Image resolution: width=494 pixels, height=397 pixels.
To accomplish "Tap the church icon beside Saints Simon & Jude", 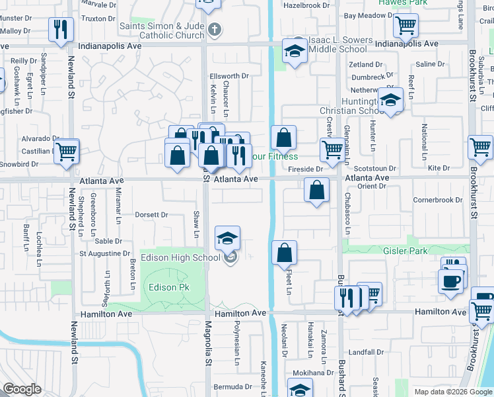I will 213,30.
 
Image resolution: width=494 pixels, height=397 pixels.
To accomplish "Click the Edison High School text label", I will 180,257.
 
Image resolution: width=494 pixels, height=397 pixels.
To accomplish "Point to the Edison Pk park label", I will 169,287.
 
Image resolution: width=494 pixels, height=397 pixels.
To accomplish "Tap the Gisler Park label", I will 406,251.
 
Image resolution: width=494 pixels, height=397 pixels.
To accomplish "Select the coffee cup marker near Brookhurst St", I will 450,281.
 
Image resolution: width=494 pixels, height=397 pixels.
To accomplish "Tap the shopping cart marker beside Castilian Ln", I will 67,152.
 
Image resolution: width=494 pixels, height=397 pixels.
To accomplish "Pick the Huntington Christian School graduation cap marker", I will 391,101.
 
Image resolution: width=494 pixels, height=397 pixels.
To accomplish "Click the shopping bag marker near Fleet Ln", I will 284,253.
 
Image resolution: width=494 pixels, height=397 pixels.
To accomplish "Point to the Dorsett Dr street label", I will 151,214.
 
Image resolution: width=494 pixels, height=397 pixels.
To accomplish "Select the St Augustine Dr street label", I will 105,253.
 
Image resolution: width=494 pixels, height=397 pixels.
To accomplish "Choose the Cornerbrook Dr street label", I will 438,200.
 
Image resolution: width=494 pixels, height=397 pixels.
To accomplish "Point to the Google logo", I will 22,389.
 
